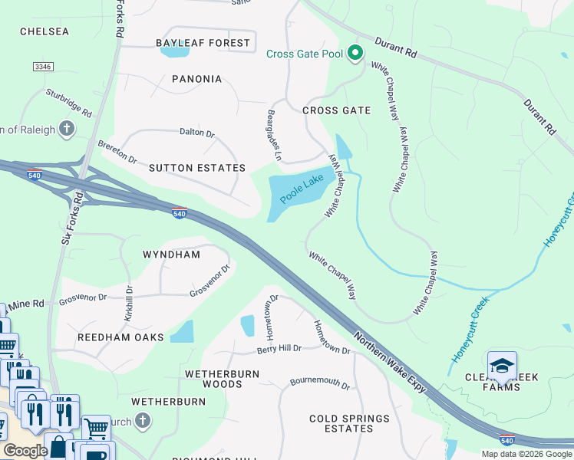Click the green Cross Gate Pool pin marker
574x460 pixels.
click(355, 54)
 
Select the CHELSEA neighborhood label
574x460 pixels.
click(45, 31)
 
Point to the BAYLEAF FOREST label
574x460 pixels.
click(203, 43)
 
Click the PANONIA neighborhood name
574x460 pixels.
click(197, 79)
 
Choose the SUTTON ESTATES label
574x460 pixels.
click(197, 168)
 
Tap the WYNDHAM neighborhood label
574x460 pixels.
click(172, 254)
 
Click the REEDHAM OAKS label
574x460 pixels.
click(120, 337)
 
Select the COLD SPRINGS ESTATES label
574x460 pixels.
click(349, 423)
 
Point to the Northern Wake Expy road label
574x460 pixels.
click(390, 363)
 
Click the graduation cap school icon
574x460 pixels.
click(502, 366)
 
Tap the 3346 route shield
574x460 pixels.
click(43, 67)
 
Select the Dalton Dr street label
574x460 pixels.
click(197, 133)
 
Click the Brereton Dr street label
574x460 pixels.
click(117, 152)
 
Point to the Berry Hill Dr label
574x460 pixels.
click(269, 348)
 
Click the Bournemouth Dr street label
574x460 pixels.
click(319, 383)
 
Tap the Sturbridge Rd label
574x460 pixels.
click(68, 104)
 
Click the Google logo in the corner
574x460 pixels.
click(25, 450)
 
